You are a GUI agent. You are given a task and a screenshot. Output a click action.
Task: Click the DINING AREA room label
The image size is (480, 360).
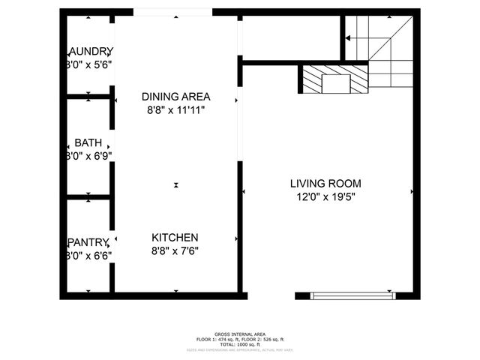click(x=175, y=97)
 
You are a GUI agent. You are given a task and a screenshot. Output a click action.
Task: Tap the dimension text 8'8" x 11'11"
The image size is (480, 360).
click(x=175, y=110)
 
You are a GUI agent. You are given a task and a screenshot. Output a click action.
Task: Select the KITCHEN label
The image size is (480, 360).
click(x=175, y=238)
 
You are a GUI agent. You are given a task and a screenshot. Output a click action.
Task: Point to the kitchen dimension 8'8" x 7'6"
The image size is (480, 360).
click(x=175, y=251)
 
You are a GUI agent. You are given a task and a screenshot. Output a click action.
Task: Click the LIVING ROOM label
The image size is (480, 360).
click(x=325, y=184)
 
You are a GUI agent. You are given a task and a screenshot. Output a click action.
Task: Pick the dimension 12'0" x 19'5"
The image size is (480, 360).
click(x=325, y=197)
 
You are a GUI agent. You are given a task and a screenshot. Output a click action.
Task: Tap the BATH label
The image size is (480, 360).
click(x=88, y=143)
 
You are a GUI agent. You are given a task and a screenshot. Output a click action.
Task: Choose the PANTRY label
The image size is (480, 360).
click(x=89, y=241)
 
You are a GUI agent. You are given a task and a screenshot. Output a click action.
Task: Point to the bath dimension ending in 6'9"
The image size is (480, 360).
click(x=89, y=157)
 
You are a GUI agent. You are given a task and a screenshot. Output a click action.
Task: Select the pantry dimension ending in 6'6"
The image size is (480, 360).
click(x=89, y=255)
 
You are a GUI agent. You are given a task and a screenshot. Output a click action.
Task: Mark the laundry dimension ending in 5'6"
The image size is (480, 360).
click(x=89, y=65)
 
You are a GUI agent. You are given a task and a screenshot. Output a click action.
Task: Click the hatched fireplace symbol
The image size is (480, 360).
click(x=336, y=79)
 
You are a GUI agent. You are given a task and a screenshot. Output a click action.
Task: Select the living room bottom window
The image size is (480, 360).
click(x=352, y=295)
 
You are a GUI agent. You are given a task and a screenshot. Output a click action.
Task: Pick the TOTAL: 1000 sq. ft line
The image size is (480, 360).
click(x=239, y=344)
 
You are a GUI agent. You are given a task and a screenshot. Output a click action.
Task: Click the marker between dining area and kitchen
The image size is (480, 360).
click(x=176, y=184)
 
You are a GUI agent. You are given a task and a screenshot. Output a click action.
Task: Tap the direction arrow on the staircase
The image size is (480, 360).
click(x=350, y=37)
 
